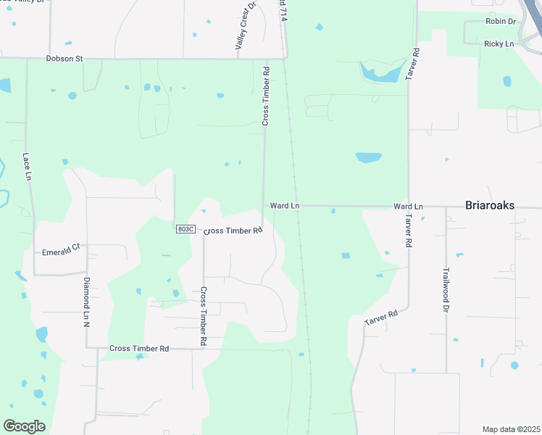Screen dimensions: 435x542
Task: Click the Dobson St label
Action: point(64,58)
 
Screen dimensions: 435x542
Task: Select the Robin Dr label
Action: point(501,22)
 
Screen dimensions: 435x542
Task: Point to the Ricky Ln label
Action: point(499,44)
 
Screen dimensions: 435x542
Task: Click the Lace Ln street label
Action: point(27,166)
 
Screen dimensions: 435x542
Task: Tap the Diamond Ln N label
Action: point(86,301)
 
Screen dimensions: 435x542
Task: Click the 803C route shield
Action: point(185,229)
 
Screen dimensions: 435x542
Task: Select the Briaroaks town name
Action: point(489,206)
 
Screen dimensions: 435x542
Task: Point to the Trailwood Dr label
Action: point(446,289)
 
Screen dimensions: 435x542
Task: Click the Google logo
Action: point(24,426)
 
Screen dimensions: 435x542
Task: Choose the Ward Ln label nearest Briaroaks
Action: point(408,207)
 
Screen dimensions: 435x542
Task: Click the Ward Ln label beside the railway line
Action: point(285,206)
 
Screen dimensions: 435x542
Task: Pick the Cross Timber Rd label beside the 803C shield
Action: point(233,231)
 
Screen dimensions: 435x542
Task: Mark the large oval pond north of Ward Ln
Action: point(368,157)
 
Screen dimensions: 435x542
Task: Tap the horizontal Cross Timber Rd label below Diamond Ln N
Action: point(139,349)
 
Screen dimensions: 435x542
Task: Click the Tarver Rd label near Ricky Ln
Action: point(414,64)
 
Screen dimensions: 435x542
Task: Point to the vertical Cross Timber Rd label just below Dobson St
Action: point(266,96)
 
